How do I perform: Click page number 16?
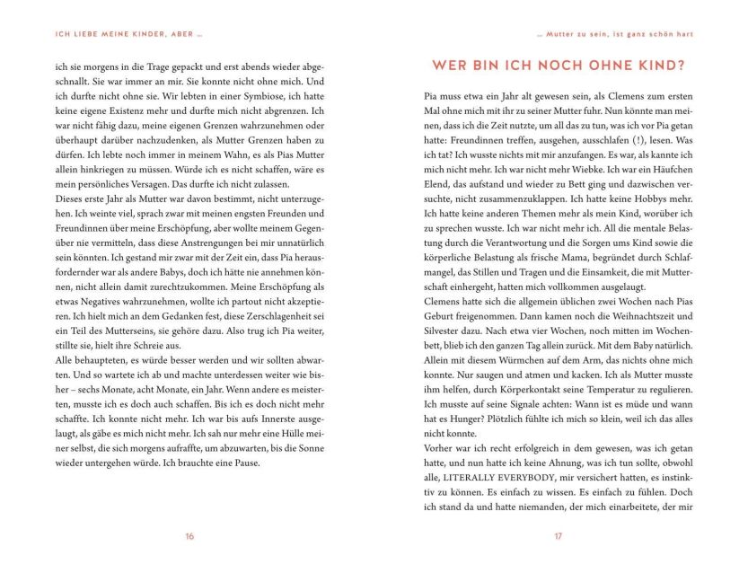point(189,536)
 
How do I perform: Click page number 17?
point(558,536)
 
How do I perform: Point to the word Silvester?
point(444,331)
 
